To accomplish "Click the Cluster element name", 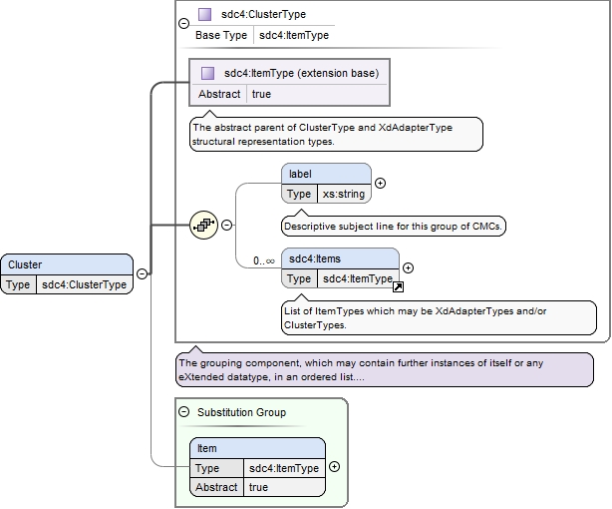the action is tap(25, 264).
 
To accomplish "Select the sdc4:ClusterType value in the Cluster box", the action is tap(84, 284).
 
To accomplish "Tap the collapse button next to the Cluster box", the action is tap(143, 273).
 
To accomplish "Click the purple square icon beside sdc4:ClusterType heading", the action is tap(205, 14).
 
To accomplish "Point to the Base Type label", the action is tap(221, 35).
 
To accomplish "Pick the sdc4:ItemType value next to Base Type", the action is tap(294, 35).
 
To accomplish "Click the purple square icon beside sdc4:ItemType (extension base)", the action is tap(207, 73).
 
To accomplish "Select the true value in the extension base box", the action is tap(261, 94).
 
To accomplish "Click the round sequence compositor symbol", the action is tap(203, 225).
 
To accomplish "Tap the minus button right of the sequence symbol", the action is tap(227, 225).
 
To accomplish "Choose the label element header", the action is tap(326, 174).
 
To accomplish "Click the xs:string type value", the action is tap(344, 194).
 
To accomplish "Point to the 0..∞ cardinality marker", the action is tap(264, 260).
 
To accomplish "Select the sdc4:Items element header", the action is tap(340, 258).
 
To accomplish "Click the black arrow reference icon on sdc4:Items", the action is tap(398, 287).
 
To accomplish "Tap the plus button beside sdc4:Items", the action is tap(408, 267).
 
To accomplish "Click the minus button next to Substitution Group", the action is tap(183, 411).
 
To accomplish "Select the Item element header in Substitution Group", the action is tap(257, 448).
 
